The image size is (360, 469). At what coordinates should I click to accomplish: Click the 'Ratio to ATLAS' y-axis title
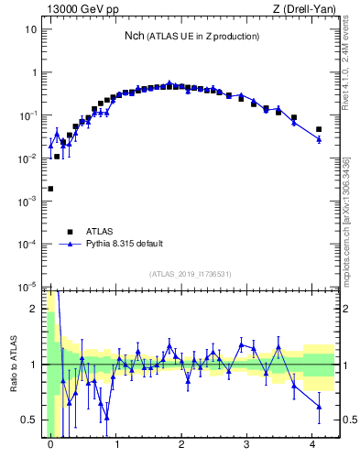[13, 365]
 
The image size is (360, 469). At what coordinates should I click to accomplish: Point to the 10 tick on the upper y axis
[30, 29]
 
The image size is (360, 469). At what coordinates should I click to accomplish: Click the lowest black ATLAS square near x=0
[50, 189]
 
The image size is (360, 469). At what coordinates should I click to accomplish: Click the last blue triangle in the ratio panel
[319, 407]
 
